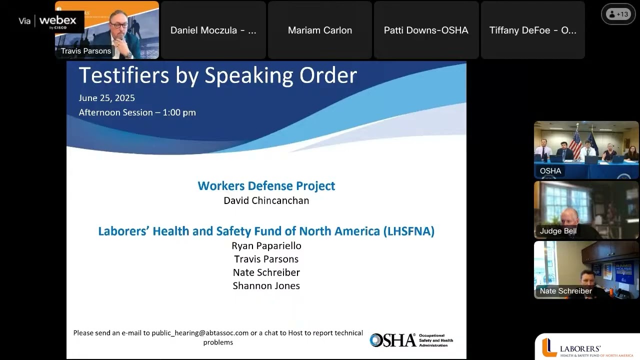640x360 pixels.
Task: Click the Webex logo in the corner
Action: [x=57, y=21]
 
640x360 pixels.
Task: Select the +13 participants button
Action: [x=618, y=14]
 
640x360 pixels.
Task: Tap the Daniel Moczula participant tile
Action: [x=213, y=30]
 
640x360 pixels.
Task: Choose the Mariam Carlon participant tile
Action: [x=320, y=30]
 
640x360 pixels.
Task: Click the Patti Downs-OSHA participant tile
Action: [x=426, y=30]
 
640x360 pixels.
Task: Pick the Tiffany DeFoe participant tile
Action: [x=532, y=30]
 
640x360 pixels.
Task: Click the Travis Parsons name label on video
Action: [x=86, y=51]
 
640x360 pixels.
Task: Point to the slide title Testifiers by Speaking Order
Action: [x=217, y=75]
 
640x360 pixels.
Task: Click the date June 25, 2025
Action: [x=106, y=98]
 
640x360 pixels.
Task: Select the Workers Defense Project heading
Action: [x=266, y=186]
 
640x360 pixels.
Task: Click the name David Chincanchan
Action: [x=266, y=200]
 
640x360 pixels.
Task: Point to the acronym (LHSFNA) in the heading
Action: [x=408, y=231]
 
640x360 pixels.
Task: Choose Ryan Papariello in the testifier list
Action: [x=266, y=245]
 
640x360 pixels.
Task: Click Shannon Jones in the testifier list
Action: [x=266, y=286]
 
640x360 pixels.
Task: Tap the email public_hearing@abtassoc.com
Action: [x=200, y=333]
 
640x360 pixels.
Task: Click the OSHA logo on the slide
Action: [x=393, y=340]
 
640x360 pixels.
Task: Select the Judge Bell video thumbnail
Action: [x=586, y=209]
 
